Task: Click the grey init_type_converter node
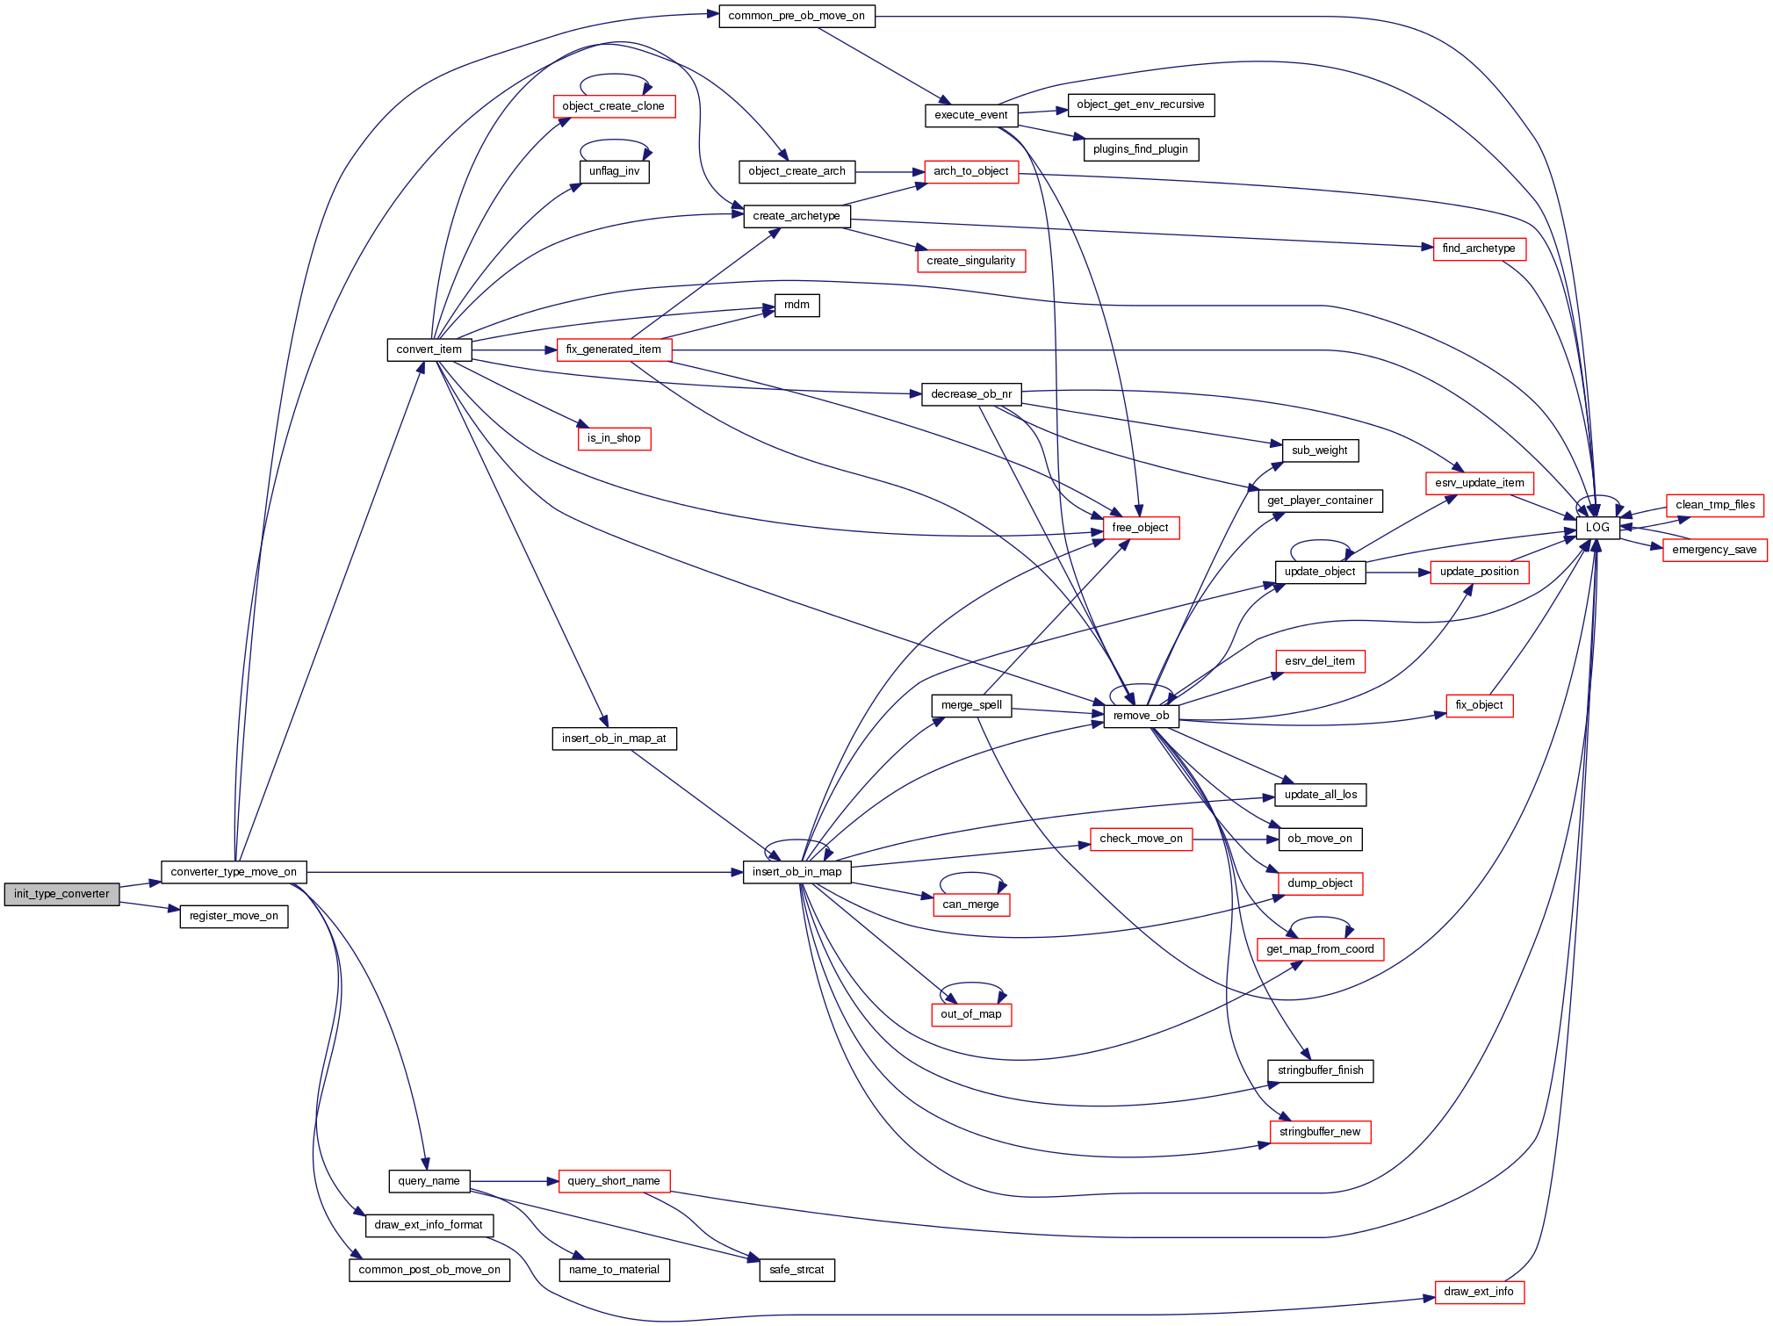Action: (x=61, y=894)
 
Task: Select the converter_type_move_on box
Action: (x=234, y=872)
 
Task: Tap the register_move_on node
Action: (x=234, y=916)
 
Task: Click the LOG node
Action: (x=1597, y=528)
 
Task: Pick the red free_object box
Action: (x=1140, y=528)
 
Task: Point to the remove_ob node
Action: (x=1141, y=716)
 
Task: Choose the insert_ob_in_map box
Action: (x=796, y=872)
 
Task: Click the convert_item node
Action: (x=429, y=350)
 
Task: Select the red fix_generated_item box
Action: (x=613, y=350)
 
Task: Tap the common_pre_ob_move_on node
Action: (x=796, y=16)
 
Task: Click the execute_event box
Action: (x=970, y=115)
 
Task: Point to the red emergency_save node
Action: (x=1714, y=550)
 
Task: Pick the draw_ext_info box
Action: (x=1479, y=1292)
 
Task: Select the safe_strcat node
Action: (x=796, y=1270)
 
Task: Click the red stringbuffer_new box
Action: (x=1319, y=1132)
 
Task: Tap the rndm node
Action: (x=796, y=305)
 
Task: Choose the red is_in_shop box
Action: (x=614, y=438)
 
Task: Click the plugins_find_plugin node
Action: (x=1140, y=149)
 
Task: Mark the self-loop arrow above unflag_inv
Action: (x=614, y=141)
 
